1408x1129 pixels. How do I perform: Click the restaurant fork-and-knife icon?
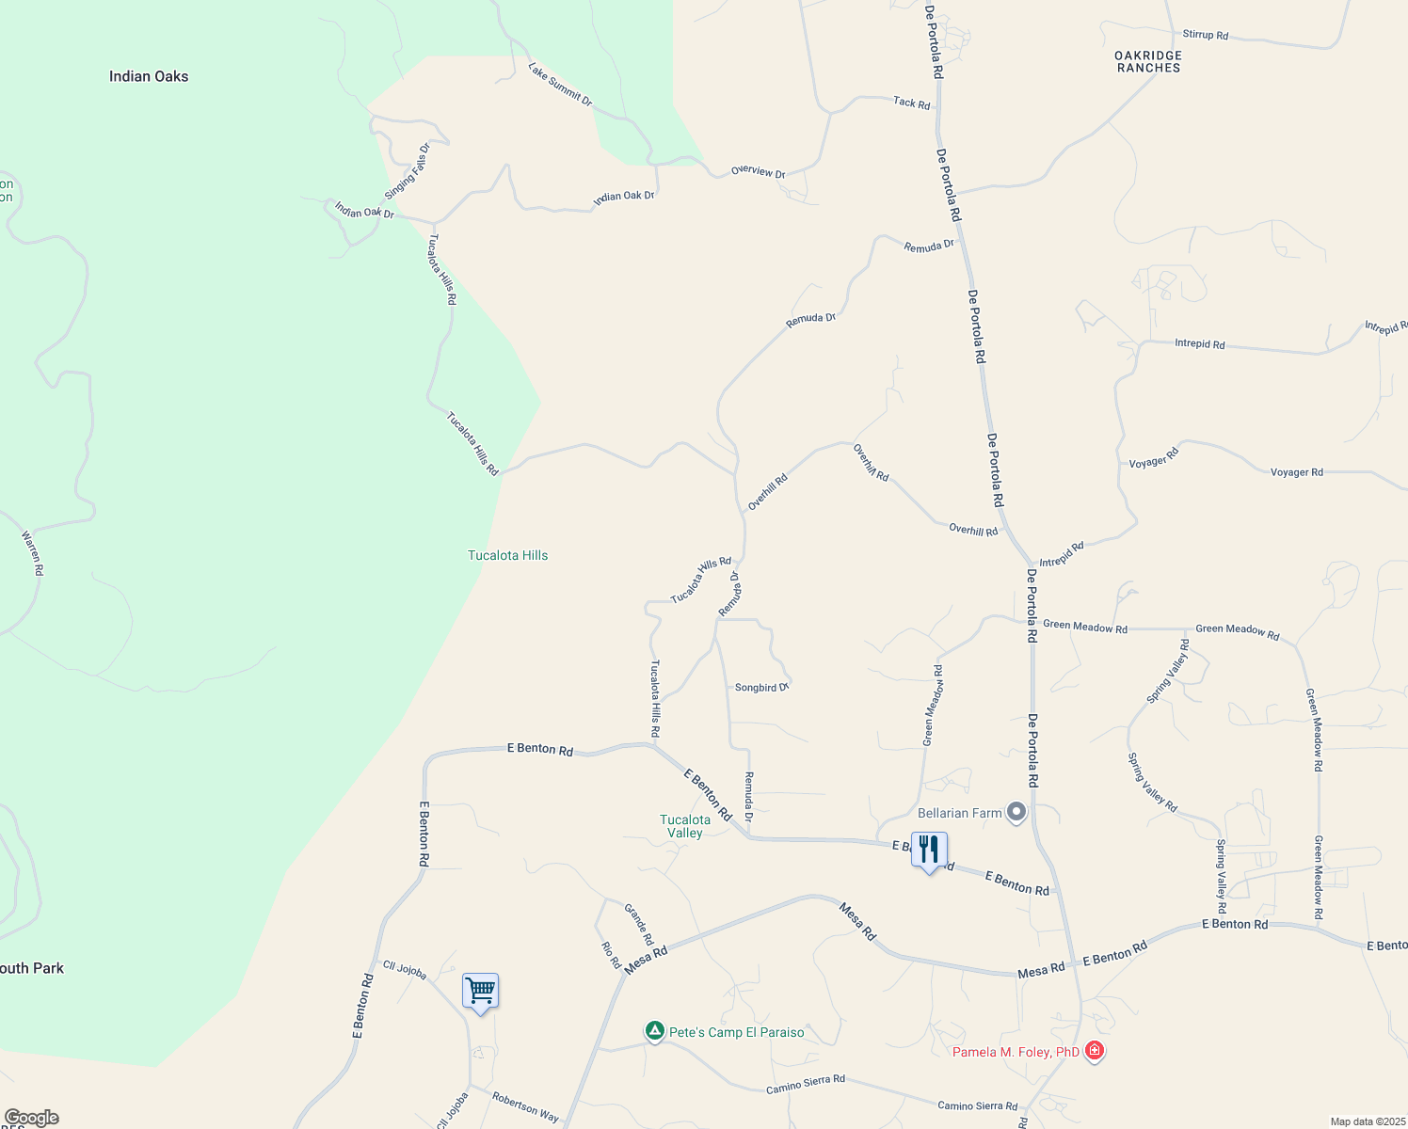929,850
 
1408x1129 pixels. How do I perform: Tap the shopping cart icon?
480,991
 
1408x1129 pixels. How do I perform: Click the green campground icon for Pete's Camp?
655,1031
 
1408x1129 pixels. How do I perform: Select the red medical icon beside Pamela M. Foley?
1095,1050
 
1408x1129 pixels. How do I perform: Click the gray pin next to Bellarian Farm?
1016,811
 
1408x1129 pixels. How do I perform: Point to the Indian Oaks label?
149,76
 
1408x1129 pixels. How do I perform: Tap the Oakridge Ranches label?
1148,61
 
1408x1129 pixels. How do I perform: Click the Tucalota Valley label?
685,826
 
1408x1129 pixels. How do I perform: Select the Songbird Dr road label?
760,688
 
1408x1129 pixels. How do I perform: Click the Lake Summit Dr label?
560,85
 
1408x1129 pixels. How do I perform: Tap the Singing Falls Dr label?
407,171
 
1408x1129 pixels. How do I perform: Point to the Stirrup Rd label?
1205,35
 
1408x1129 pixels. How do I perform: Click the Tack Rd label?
911,103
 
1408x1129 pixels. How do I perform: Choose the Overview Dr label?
758,172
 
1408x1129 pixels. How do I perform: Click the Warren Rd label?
32,553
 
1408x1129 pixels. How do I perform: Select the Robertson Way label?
525,1107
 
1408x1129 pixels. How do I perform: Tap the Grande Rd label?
639,924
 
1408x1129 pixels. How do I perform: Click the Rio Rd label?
611,954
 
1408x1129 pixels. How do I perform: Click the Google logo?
31,1118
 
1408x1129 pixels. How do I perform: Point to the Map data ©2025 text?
1367,1121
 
